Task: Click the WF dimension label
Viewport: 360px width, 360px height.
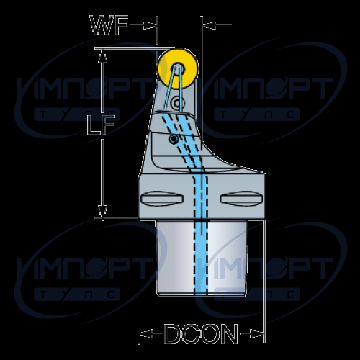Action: coord(109,25)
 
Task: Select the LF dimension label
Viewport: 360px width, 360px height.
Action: coord(101,125)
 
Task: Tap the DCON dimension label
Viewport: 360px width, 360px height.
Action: coord(201,334)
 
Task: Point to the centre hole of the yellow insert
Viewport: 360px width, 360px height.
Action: coord(178,69)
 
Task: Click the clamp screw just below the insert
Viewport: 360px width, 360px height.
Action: coord(178,104)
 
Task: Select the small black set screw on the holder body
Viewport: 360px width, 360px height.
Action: coord(174,139)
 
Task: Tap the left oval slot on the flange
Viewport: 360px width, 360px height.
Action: coord(162,199)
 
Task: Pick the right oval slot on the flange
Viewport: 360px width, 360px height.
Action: coord(241,199)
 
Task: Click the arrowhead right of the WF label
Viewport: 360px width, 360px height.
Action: coord(149,25)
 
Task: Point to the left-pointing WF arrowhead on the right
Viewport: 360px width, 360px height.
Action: coord(209,25)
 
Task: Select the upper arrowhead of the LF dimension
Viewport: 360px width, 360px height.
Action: coord(102,56)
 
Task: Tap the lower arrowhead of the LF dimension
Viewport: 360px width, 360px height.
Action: coord(102,212)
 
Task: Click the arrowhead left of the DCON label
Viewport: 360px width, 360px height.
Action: coord(146,333)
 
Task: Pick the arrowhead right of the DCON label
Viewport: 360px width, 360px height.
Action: coord(256,333)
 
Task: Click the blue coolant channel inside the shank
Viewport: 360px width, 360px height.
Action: coord(201,257)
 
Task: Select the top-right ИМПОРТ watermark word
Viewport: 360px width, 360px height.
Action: coord(272,89)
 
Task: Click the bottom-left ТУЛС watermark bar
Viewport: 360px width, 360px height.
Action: coord(77,294)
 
